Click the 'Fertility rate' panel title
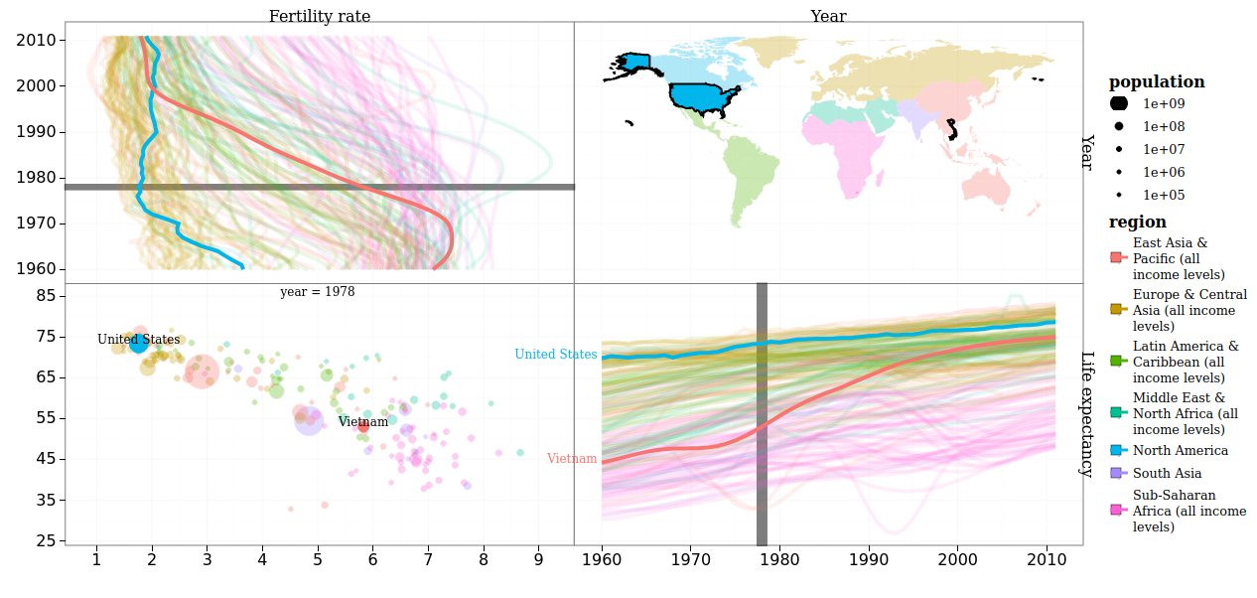click(319, 16)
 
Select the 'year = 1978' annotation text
click(317, 292)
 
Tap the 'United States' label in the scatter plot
click(138, 340)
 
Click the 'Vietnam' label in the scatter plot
click(362, 422)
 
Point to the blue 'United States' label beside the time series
click(555, 355)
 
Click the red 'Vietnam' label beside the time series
click(572, 459)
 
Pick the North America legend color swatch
click(1117, 451)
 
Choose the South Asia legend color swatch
click(1117, 474)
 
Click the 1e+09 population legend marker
click(1119, 103)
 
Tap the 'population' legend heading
click(1157, 82)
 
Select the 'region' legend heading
click(1137, 223)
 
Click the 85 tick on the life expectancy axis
click(46, 296)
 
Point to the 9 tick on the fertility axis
click(538, 560)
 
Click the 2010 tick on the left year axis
click(37, 41)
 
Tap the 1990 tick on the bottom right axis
click(869, 560)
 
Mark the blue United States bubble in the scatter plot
click(138, 344)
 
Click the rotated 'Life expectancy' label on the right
click(1086, 414)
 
